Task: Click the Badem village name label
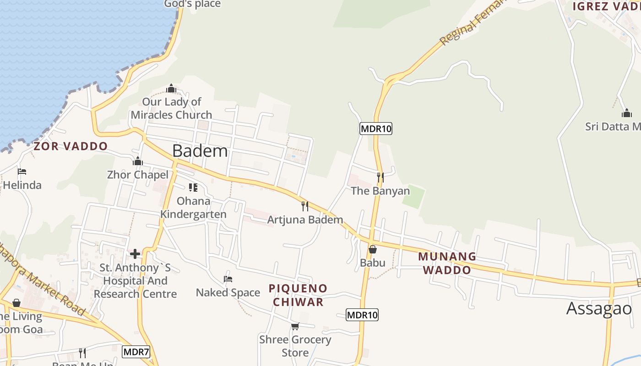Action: click(200, 151)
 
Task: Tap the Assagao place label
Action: click(599, 308)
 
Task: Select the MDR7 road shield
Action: click(136, 352)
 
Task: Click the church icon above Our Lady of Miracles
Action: click(171, 88)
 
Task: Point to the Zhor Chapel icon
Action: click(138, 161)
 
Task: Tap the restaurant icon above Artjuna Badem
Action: click(305, 206)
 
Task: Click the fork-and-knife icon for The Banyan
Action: click(380, 177)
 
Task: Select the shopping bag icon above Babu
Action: click(373, 249)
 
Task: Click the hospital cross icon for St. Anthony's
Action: click(135, 254)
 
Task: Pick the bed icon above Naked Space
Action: click(228, 279)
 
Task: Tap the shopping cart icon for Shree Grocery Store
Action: click(295, 326)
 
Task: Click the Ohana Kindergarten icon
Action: click(193, 188)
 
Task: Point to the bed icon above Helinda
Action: click(22, 172)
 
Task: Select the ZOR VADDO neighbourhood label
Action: click(71, 146)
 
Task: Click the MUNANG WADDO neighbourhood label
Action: click(447, 263)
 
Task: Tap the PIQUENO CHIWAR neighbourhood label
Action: click(298, 295)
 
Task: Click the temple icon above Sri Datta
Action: click(627, 113)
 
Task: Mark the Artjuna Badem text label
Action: click(305, 220)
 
